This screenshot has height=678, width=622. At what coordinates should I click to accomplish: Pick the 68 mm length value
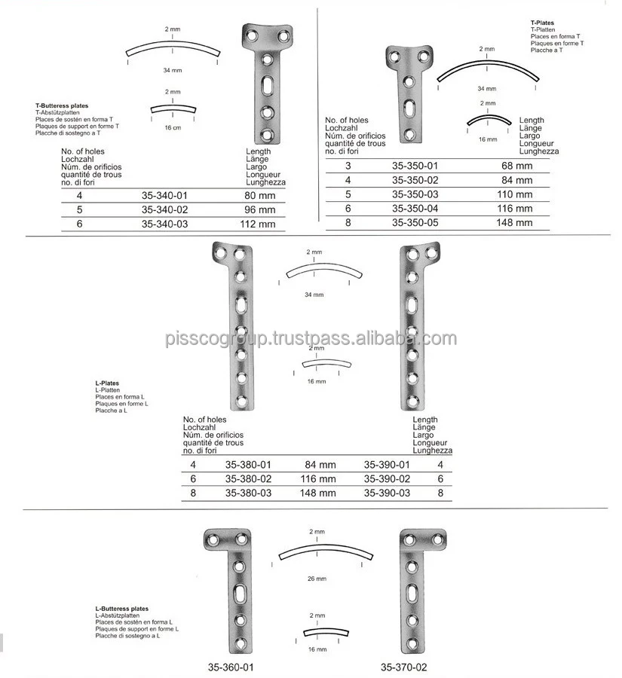click(516, 165)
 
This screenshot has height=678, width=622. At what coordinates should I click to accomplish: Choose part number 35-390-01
click(387, 465)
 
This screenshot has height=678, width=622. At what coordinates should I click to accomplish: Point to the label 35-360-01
click(231, 666)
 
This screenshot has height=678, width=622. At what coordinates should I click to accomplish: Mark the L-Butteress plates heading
click(121, 608)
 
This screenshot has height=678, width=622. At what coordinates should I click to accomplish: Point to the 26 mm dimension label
click(317, 579)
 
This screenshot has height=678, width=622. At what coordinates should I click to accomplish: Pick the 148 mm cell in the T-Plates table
click(516, 222)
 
